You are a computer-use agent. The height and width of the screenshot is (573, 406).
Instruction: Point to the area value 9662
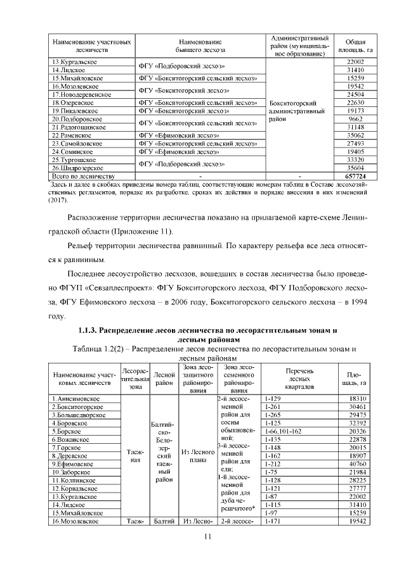tap(355, 119)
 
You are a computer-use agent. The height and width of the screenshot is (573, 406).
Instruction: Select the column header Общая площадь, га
tap(355, 44)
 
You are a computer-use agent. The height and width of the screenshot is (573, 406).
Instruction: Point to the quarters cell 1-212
tap(278, 464)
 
